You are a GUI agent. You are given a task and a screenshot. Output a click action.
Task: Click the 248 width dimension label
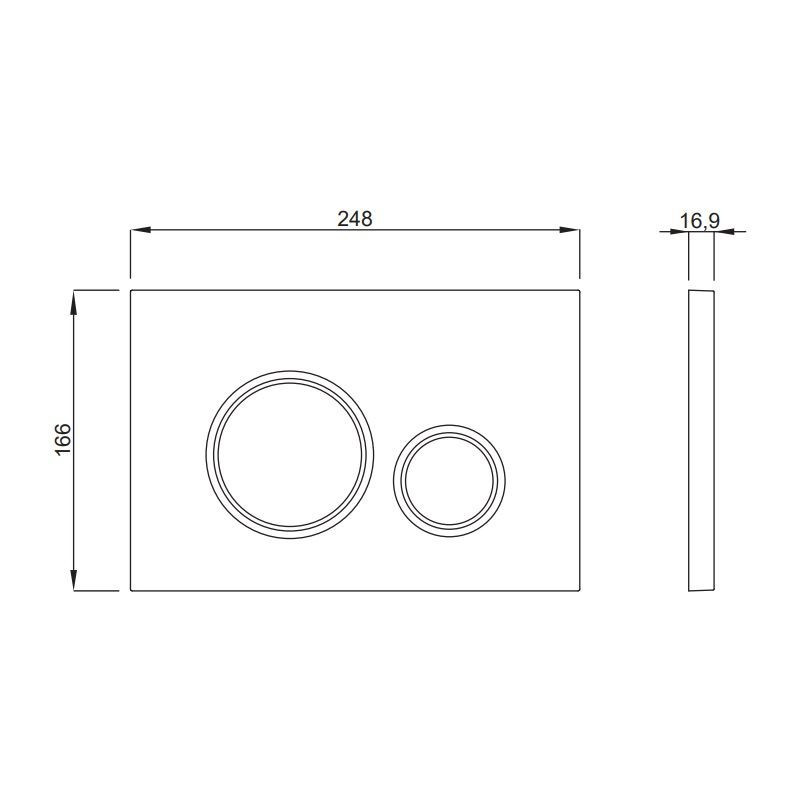(355, 219)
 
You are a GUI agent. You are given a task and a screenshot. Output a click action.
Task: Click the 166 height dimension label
(63, 439)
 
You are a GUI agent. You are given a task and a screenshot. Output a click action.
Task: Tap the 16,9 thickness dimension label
(699, 221)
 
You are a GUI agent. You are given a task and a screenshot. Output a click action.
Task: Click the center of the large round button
(290, 455)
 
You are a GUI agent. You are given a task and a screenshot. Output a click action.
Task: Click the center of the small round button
(449, 481)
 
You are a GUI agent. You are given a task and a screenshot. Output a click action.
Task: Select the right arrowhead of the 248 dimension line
(569, 230)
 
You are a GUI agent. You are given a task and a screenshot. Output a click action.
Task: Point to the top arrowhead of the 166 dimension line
(74, 301)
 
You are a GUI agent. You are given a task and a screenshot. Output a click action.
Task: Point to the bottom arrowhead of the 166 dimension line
(74, 580)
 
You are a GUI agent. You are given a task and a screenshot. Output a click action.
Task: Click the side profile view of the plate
(702, 441)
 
